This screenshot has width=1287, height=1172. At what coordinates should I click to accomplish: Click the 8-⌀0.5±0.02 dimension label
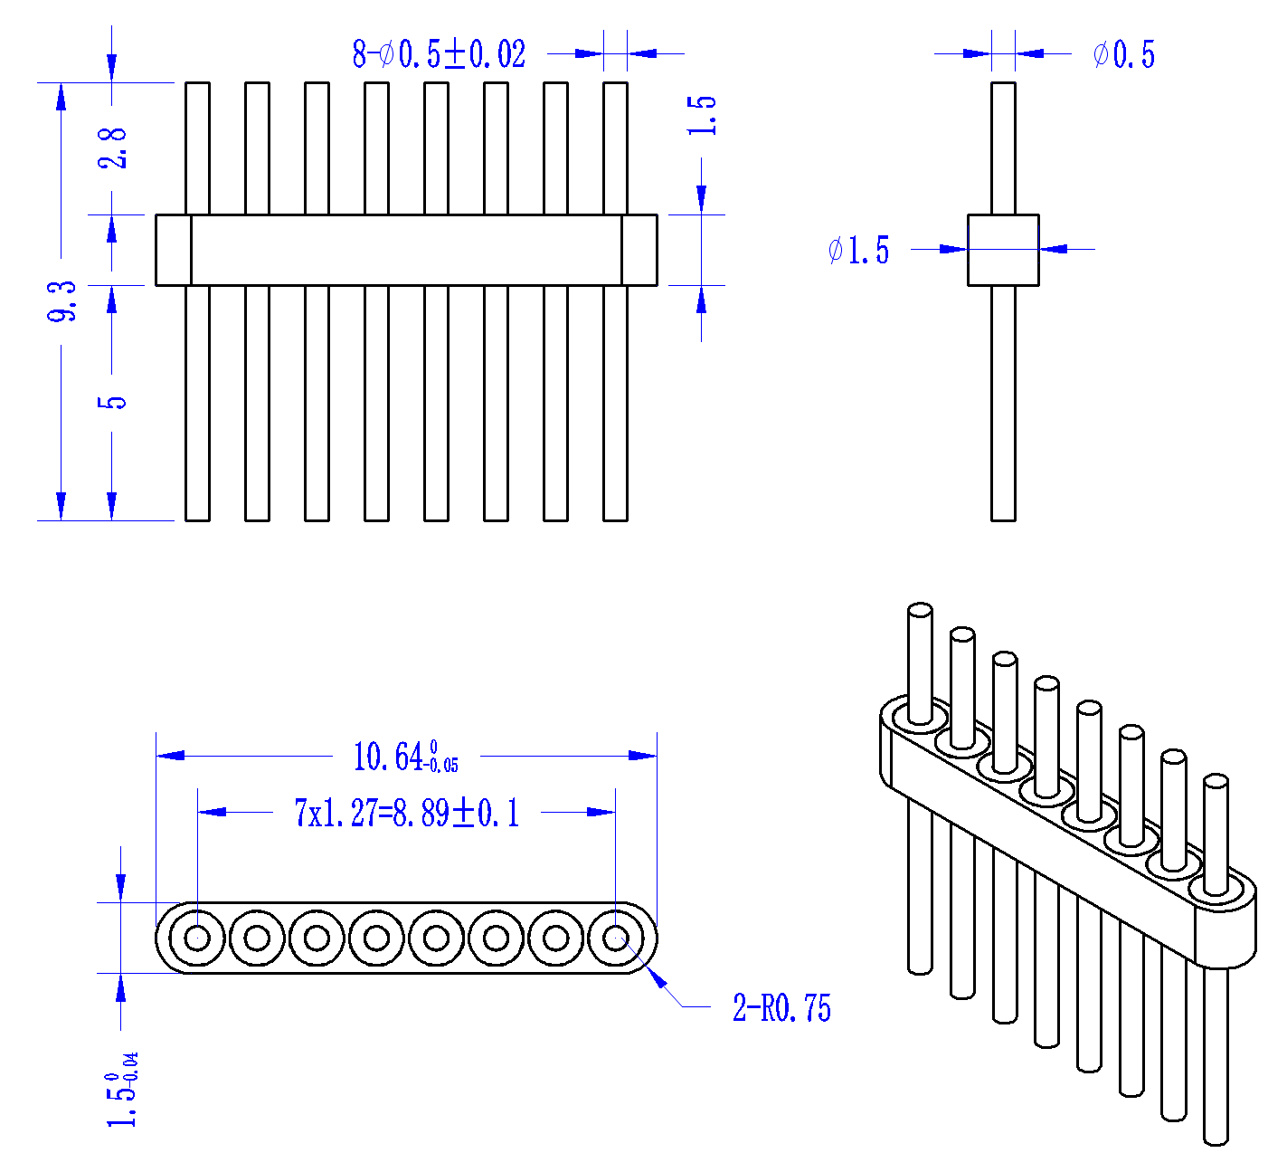coord(439,54)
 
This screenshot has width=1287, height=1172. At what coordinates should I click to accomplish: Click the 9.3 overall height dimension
coord(62,300)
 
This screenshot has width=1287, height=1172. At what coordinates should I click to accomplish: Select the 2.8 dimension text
coord(112,148)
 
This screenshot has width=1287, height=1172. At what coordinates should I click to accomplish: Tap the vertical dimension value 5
coord(112,402)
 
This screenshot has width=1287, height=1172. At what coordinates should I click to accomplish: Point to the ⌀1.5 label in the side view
coord(858,250)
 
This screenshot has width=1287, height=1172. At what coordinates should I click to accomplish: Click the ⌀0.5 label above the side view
coord(1123,54)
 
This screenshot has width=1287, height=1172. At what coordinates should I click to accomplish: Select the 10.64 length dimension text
coord(405,756)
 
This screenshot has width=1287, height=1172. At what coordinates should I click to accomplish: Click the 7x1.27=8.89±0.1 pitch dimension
coord(407,813)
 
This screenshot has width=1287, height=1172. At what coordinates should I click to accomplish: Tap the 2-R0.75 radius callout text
coord(781,1007)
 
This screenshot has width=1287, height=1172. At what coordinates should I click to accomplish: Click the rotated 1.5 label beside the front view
coord(701,116)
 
